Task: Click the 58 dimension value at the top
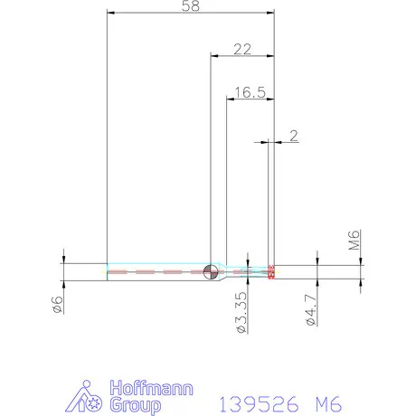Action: (191, 5)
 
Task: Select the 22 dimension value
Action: (241, 50)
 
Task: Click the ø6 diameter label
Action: (56, 305)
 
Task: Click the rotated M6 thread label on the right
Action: (355, 240)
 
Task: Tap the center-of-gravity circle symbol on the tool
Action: (211, 271)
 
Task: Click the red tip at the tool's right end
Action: (272, 271)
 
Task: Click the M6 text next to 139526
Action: (336, 402)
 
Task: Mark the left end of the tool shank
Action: (109, 271)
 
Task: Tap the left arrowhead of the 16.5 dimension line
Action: (229, 99)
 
